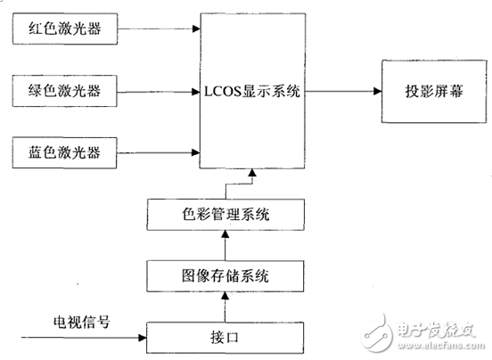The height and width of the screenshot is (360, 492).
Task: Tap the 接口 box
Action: pyautogui.click(x=225, y=337)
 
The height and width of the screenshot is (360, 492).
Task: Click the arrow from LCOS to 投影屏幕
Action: pyautogui.click(x=344, y=90)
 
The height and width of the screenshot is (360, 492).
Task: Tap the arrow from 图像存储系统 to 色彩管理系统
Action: pyautogui.click(x=225, y=244)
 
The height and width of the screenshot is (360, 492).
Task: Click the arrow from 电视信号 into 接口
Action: pyautogui.click(x=85, y=337)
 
